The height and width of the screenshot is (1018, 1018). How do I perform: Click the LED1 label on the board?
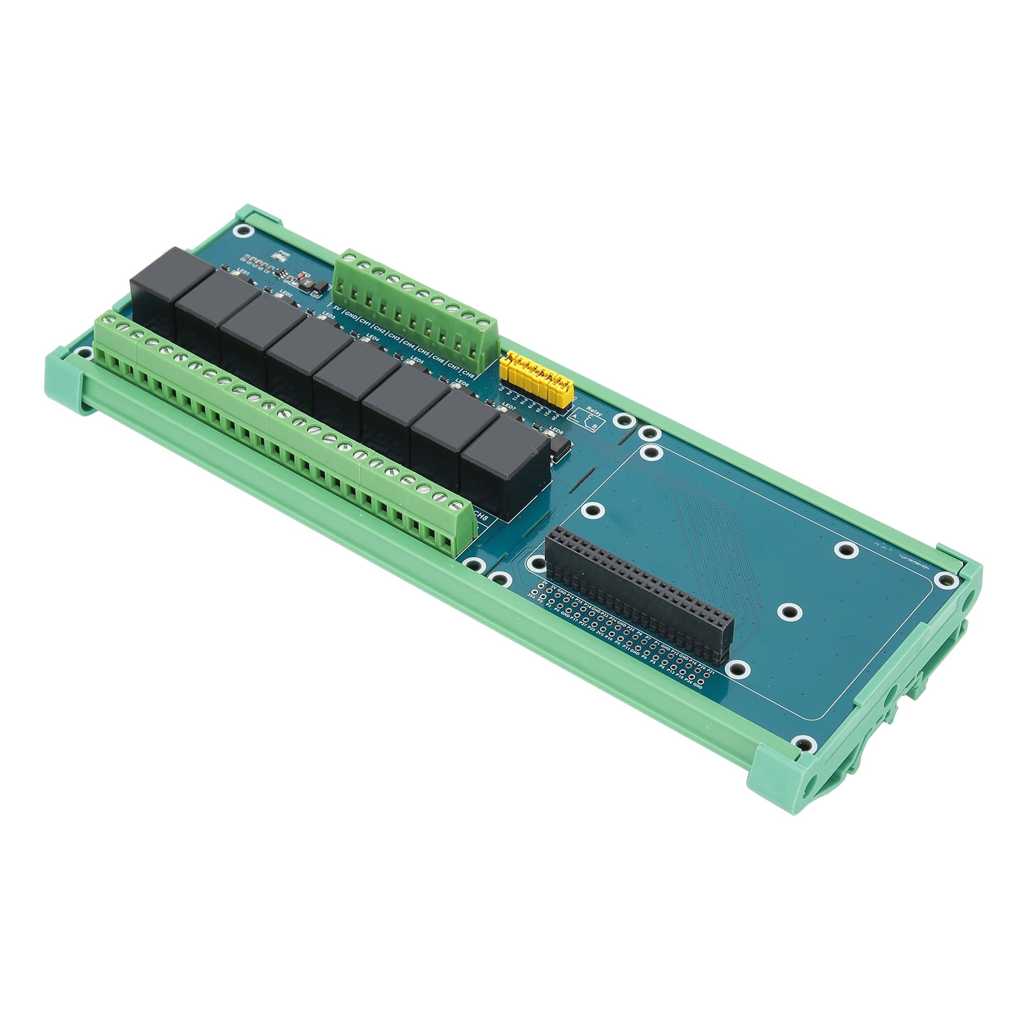coord(244,270)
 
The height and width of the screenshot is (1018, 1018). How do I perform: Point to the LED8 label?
coord(556,430)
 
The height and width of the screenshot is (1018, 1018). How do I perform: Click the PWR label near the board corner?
coord(278,254)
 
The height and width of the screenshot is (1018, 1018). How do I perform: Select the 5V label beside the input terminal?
coord(336,311)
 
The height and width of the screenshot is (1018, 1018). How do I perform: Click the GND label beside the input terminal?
coord(349,317)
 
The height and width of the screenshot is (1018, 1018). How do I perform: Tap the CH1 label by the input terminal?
coord(364,323)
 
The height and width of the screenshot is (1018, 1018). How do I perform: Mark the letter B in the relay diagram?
coord(595,425)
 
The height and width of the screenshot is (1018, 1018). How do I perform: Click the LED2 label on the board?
coord(285,293)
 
